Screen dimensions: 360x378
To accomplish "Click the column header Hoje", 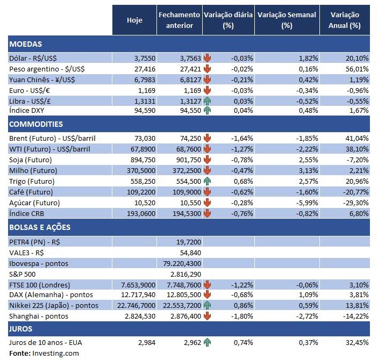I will [x=134, y=20].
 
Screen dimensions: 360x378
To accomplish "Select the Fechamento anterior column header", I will [x=180, y=20].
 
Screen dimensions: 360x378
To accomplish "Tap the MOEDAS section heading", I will [x=26, y=44].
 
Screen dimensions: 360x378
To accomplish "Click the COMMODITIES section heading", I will [x=36, y=124].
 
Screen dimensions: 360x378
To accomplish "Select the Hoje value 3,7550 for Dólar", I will [x=144, y=58].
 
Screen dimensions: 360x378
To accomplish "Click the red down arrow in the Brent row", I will [x=207, y=139].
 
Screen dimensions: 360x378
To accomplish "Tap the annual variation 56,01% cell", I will [x=356, y=69].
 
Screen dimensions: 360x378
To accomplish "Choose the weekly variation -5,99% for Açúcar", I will [x=306, y=203].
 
